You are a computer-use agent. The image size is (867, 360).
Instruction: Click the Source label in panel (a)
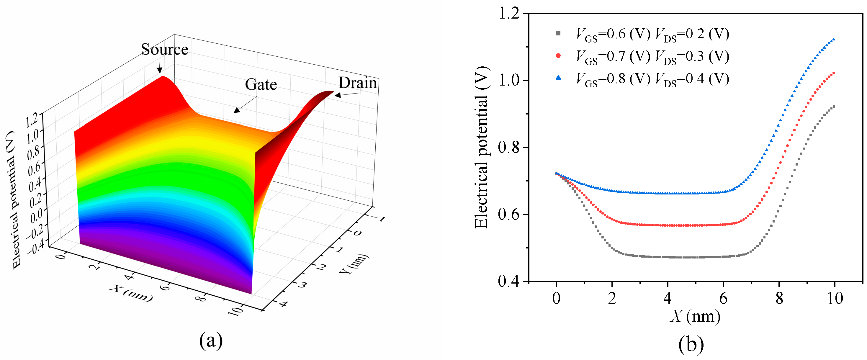(x=164, y=50)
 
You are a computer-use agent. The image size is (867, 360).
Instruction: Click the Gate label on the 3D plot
(x=261, y=84)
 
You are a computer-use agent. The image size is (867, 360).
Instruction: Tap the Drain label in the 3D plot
(x=357, y=83)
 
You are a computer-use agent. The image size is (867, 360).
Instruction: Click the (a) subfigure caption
(x=211, y=341)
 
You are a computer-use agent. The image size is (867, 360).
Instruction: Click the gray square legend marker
(x=558, y=34)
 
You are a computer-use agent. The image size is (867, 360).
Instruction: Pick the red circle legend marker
(x=558, y=56)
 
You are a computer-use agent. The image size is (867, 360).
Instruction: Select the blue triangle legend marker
(x=558, y=78)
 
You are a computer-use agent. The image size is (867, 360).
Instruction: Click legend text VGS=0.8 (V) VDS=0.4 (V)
(x=652, y=79)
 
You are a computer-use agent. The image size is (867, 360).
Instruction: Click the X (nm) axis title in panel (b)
(x=695, y=316)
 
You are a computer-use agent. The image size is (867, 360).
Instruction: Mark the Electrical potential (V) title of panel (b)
(x=482, y=147)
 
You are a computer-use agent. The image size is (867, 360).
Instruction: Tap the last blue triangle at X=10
(x=834, y=39)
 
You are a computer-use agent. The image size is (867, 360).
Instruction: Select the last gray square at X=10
(x=834, y=107)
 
